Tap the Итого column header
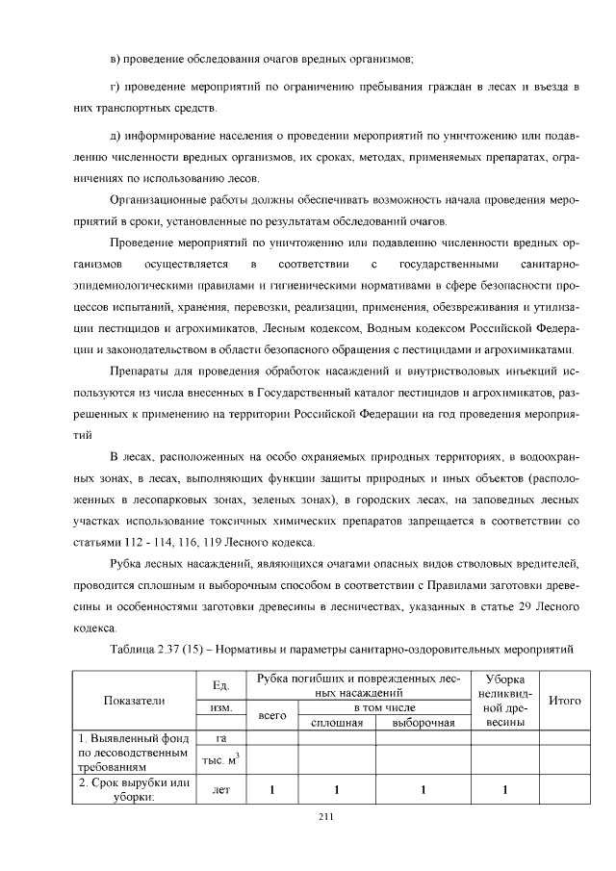point(564,701)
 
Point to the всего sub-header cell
point(274,716)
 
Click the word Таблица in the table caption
point(134,651)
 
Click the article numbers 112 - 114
point(140,540)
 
